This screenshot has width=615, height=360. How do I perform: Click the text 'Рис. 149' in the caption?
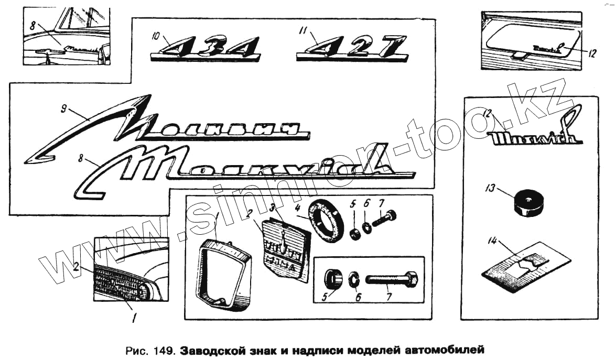[x=152, y=349]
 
